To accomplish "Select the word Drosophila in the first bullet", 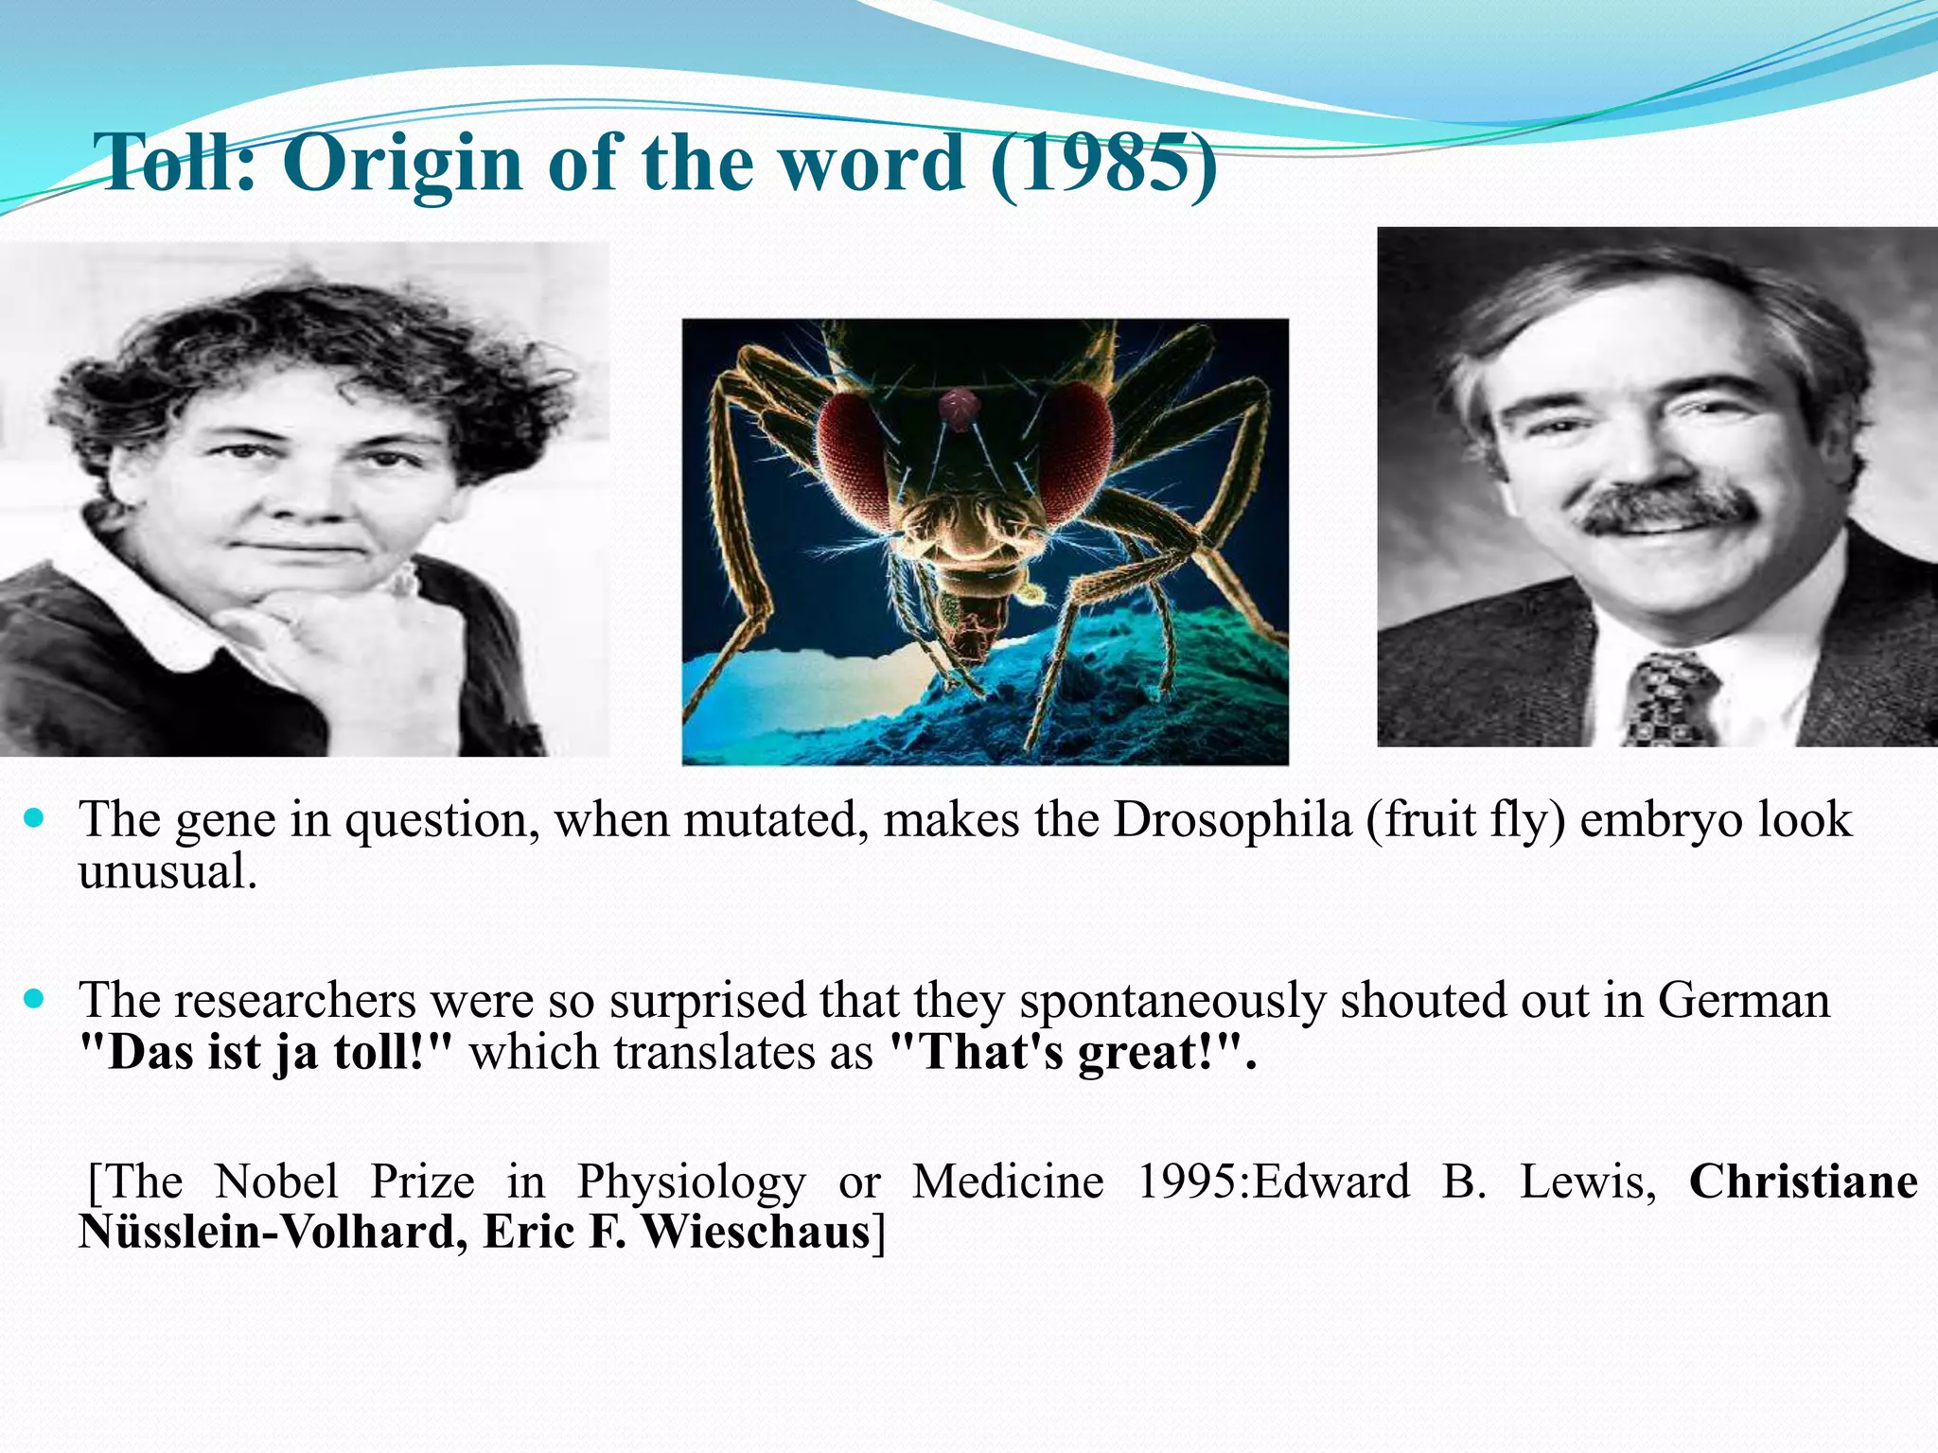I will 1232,819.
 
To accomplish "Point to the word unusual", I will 167,872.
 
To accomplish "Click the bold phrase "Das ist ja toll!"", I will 266,1052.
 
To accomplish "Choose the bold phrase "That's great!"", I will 1073,1052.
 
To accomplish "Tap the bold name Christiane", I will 1803,1182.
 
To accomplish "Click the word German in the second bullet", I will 1743,1000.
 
